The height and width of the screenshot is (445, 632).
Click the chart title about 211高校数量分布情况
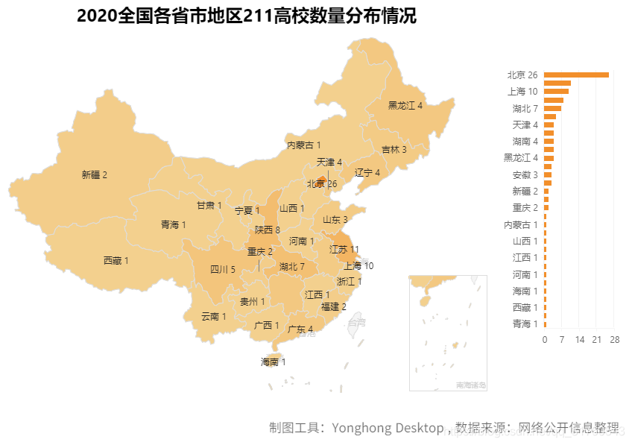(246, 16)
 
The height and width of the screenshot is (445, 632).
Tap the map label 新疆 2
(94, 175)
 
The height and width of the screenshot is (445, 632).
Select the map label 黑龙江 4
(405, 106)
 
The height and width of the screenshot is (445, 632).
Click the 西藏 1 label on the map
(116, 261)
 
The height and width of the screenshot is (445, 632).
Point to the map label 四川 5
(222, 270)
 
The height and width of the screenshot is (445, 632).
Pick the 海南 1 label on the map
(273, 362)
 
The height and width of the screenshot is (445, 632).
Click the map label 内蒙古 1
(303, 145)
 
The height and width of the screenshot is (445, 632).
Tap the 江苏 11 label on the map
(344, 250)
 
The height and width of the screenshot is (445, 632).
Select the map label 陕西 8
(267, 230)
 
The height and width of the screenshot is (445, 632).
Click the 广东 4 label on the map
(300, 329)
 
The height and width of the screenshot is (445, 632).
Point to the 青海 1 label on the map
(173, 224)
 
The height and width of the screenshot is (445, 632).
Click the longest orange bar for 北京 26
(576, 75)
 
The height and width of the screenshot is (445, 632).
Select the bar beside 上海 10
(556, 92)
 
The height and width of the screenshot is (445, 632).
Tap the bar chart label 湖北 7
(525, 108)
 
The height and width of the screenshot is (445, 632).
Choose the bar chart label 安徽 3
(525, 175)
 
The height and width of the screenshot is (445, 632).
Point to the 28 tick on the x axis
(614, 340)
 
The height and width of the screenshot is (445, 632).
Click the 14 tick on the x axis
(579, 340)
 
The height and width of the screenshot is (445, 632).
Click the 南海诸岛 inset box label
(470, 385)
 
